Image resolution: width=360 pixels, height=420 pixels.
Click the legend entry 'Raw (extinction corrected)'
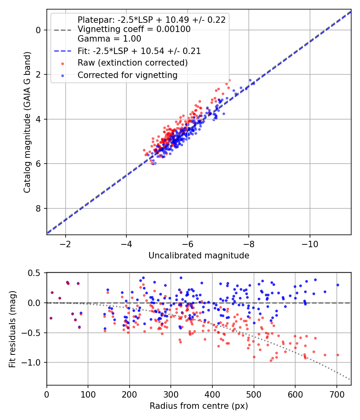pyautogui.click(x=132, y=63)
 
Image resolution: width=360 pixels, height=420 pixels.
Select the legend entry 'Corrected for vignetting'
pyautogui.click(x=127, y=75)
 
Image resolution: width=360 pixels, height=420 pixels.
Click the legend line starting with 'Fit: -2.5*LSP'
pyautogui.click(x=139, y=51)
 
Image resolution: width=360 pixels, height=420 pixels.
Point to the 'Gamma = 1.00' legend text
pyautogui.click(x=109, y=39)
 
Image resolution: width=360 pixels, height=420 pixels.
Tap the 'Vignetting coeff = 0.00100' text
pyautogui.click(x=134, y=29)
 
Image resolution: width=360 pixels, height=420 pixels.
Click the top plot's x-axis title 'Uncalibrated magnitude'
pyautogui.click(x=199, y=255)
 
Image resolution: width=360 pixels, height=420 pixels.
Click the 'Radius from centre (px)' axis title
pyautogui.click(x=199, y=406)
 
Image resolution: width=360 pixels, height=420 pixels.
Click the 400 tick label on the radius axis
pyautogui.click(x=212, y=395)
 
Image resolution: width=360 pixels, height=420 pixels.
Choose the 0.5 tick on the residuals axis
pyautogui.click(x=35, y=273)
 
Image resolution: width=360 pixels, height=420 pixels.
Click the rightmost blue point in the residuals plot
pyautogui.click(x=338, y=285)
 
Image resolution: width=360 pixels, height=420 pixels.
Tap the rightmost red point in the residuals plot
pyautogui.click(x=338, y=355)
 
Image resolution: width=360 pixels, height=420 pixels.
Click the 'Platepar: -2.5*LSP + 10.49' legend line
pyautogui.click(x=151, y=20)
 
